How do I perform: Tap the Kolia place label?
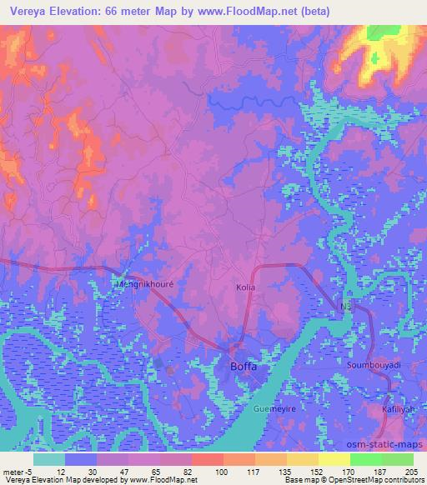click(244, 287)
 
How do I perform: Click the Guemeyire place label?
click(275, 410)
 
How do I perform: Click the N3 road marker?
click(344, 307)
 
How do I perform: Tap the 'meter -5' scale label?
click(15, 471)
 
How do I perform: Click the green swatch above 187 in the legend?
click(365, 459)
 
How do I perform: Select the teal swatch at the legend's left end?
click(49, 459)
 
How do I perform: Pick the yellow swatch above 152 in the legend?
click(302, 459)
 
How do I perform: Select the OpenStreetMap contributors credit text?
click(381, 480)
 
